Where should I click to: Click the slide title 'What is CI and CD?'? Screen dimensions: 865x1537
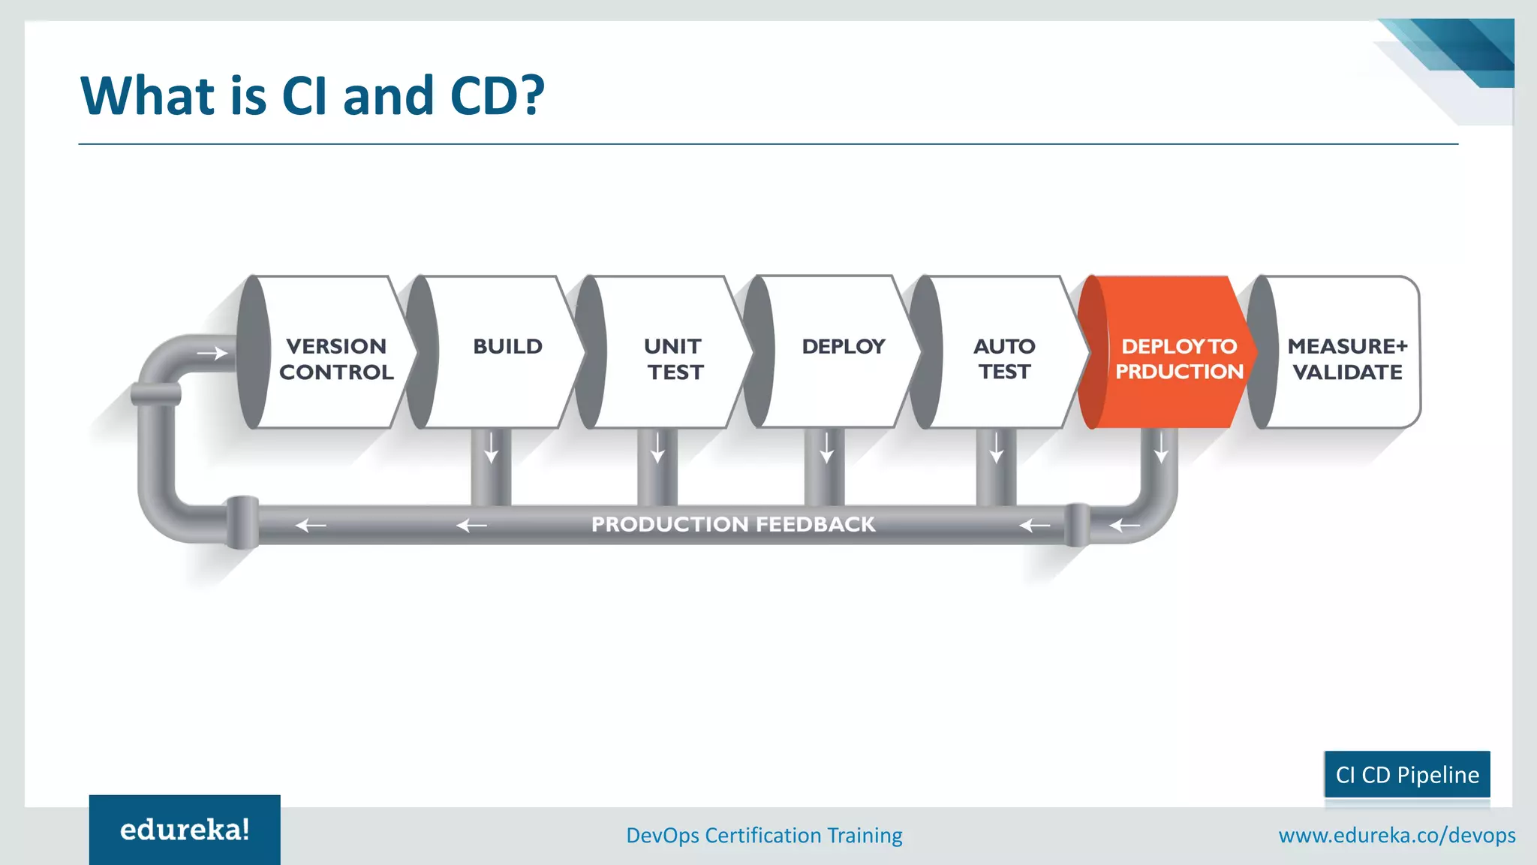tap(312, 96)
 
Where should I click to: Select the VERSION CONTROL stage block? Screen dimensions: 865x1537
tap(335, 358)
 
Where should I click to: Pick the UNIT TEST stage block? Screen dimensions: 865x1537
tap(674, 358)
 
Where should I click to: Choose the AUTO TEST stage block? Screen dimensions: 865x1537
tap(1004, 358)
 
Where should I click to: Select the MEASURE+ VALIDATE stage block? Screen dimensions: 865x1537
tap(1346, 358)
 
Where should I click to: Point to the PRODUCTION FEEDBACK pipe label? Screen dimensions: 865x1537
tap(732, 524)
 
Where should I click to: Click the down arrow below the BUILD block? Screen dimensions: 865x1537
tap(491, 448)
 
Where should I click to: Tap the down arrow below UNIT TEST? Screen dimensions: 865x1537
tap(657, 448)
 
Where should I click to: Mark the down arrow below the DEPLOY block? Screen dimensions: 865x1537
tap(826, 448)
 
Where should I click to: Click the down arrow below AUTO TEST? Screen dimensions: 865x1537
tap(996, 448)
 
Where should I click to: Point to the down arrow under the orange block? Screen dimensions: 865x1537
tap(1161, 448)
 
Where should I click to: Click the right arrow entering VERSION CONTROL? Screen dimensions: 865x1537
tap(212, 353)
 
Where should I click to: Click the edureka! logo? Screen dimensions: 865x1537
tap(185, 830)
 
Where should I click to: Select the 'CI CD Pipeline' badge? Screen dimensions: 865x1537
tap(1407, 774)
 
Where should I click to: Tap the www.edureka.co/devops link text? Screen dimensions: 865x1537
tap(1397, 835)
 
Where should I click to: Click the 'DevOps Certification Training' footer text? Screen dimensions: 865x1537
tap(764, 835)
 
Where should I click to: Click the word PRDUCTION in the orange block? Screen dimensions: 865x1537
tap(1179, 372)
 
